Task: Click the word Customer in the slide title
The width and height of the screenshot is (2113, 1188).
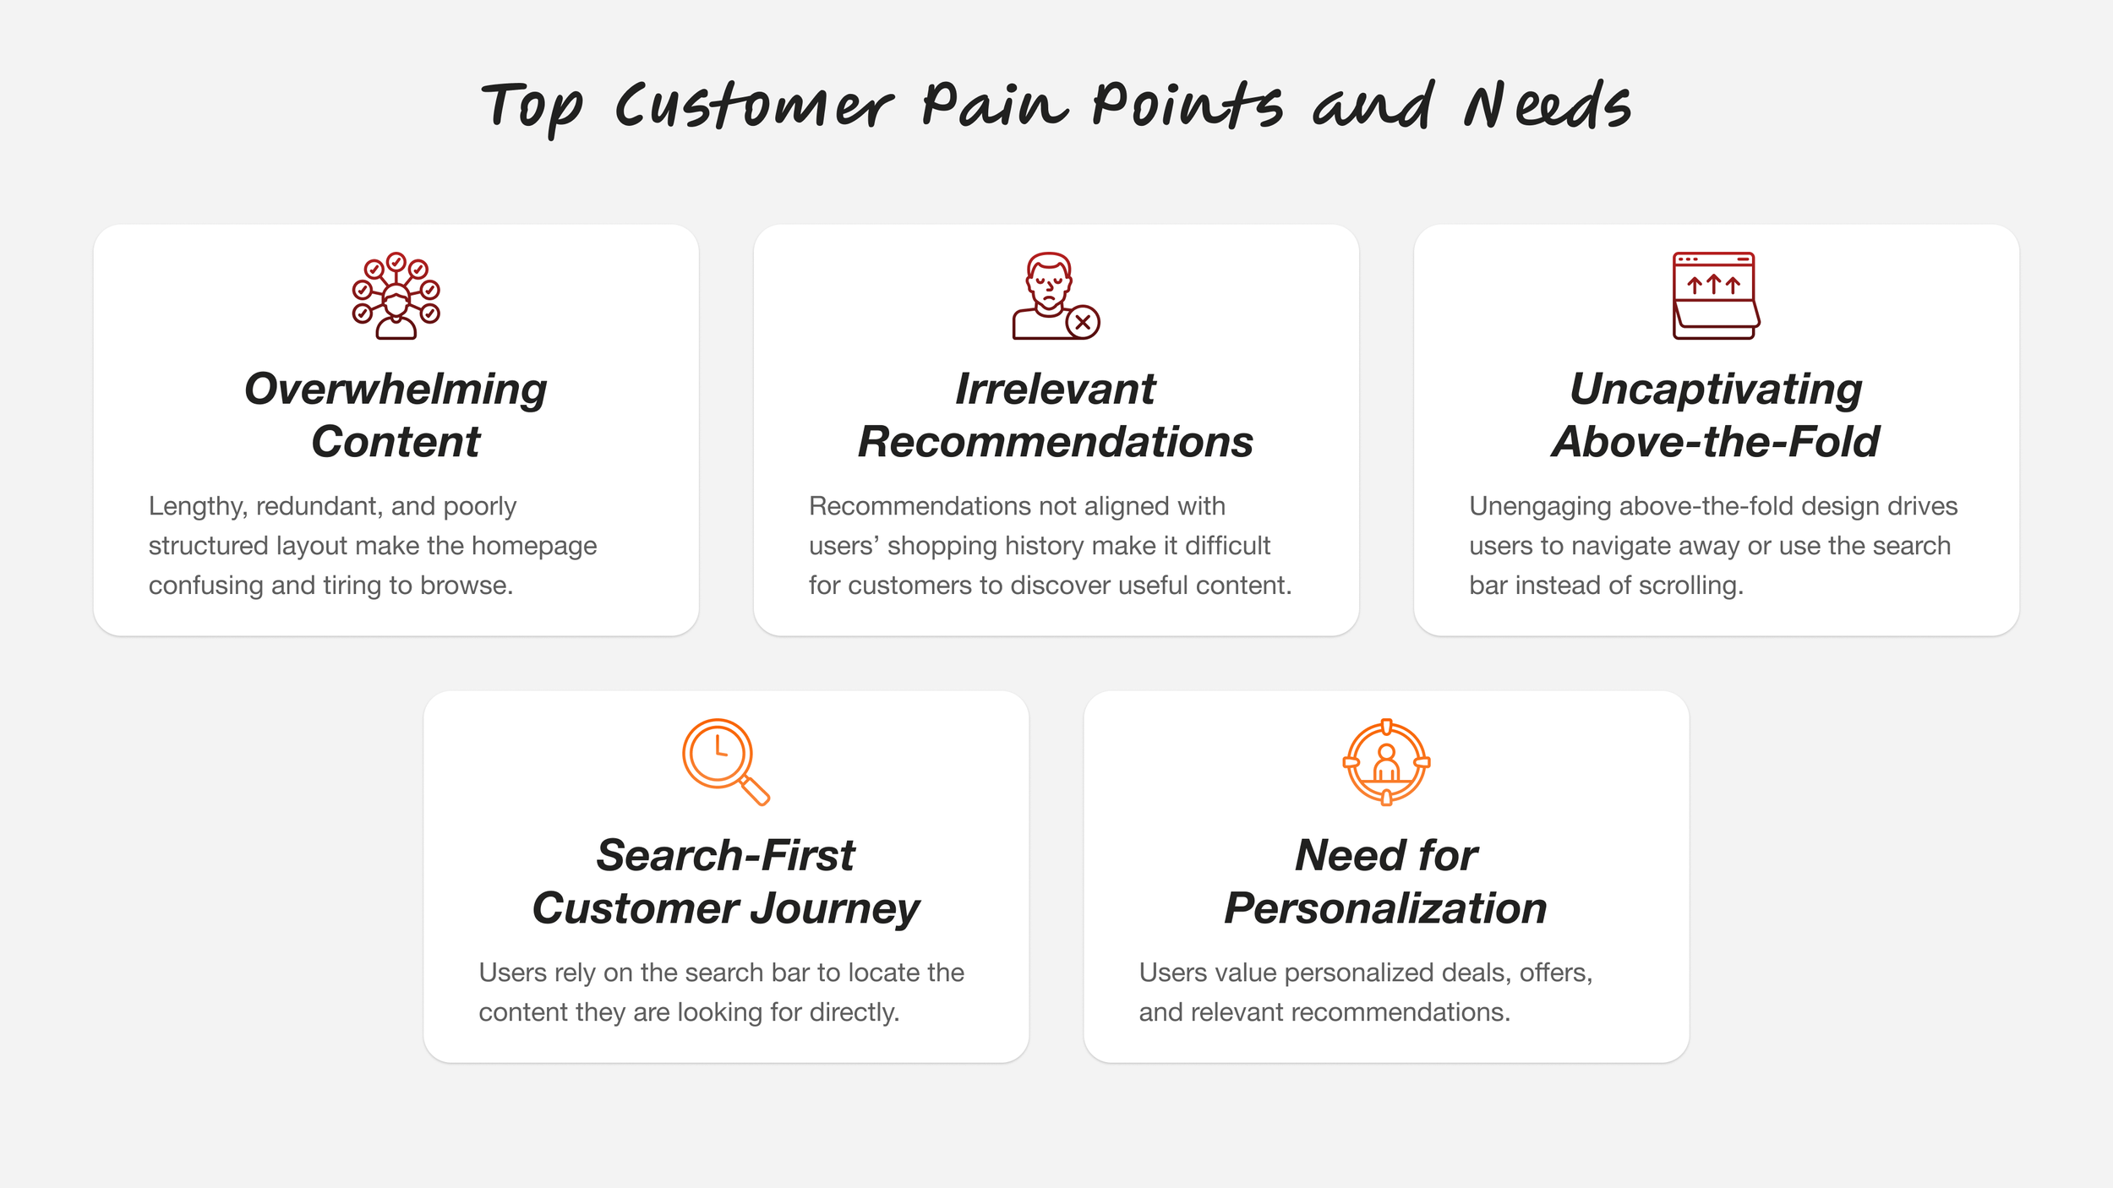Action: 753,107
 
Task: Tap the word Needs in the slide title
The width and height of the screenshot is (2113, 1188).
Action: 1546,107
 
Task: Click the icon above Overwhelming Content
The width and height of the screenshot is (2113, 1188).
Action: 396,296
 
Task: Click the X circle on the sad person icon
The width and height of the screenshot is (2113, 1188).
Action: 1083,322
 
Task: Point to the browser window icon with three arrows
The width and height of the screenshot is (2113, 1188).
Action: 1715,296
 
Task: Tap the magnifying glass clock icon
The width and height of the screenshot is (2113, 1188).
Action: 725,761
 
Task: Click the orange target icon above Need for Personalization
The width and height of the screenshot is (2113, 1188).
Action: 1386,762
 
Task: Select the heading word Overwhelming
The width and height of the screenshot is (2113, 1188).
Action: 396,390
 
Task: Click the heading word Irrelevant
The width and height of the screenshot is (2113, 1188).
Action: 1055,390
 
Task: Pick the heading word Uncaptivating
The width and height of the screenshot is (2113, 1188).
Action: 1716,390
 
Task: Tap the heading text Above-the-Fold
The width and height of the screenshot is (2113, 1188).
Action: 1716,442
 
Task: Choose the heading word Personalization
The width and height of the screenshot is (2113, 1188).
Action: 1386,909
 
